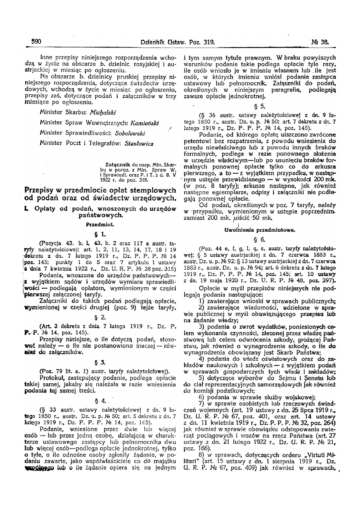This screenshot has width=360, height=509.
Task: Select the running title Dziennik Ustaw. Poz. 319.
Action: point(178,41)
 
